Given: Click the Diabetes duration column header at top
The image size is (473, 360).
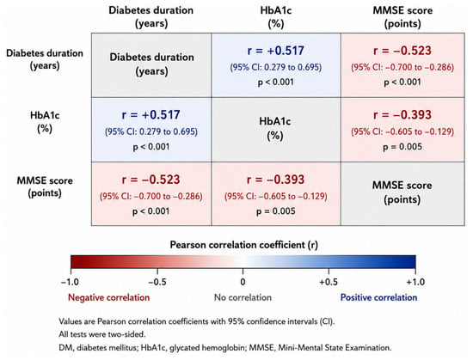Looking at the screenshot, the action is pos(151,17).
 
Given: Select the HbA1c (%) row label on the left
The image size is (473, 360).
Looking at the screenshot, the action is pos(45,122).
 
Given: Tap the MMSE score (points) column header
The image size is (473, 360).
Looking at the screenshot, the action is pos(402,17).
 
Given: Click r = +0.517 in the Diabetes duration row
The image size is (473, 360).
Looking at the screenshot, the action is pos(276,51).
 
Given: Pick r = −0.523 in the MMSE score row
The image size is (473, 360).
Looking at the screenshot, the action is pos(150,180).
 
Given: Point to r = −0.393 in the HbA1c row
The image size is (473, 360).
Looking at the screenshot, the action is pos(402,115).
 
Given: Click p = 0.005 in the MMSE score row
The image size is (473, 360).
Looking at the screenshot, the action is pos(276,211).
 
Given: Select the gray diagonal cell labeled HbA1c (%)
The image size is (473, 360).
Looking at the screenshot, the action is pos(276,130).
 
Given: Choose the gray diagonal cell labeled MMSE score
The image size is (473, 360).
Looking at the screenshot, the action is pos(402,193).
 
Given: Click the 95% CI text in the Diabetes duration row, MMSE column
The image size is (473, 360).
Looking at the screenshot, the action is pos(402,67).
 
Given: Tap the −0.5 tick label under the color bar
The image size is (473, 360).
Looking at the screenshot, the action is pos(157,283).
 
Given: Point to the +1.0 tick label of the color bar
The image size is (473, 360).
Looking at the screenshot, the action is pos(415,283).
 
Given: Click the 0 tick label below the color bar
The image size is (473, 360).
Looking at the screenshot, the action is pos(243,283).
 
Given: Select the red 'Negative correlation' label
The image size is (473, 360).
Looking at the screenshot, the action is pos(109,297).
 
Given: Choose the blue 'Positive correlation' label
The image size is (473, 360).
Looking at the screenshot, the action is pos(379,297).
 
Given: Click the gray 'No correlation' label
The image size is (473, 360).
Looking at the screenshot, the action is pos(243,297).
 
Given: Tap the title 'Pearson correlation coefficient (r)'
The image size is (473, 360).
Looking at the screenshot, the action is pos(243,245).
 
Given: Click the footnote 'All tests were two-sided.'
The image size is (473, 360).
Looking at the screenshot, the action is pos(102,334).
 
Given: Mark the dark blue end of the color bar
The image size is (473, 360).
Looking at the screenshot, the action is pos(412,262).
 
